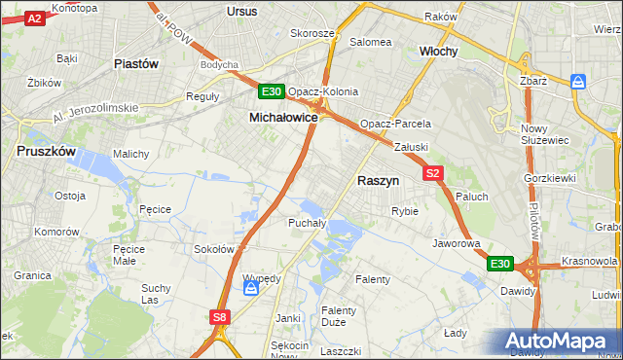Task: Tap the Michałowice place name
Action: pyautogui.click(x=284, y=116)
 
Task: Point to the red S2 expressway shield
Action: pyautogui.click(x=434, y=173)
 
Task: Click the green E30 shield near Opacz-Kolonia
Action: pyautogui.click(x=272, y=91)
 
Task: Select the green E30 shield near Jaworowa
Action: pyautogui.click(x=499, y=264)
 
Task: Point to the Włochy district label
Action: pyautogui.click(x=438, y=51)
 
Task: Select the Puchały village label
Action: pyautogui.click(x=306, y=223)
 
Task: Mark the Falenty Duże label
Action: pyautogui.click(x=339, y=317)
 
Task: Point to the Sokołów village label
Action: pyautogui.click(x=213, y=249)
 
